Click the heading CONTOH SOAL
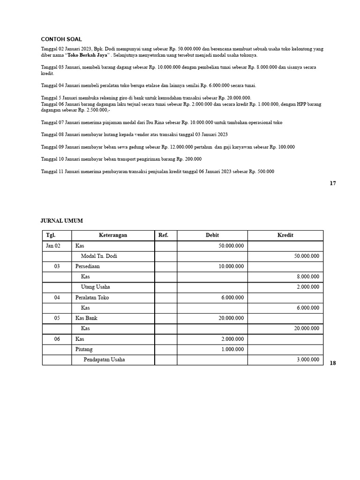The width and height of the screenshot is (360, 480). pos(61,39)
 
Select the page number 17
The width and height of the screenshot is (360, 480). pos(332,183)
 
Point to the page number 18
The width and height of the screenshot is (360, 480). pos(332,363)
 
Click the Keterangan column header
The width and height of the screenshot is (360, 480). pos(112,235)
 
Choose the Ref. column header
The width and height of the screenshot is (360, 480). pos(163,235)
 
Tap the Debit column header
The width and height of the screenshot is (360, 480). pos(212,235)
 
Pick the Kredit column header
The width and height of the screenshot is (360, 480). pos(285,235)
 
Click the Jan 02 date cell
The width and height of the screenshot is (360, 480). pos(53,246)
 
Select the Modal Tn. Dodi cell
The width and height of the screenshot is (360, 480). pos(99,256)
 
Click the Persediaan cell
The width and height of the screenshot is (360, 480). pos(88,266)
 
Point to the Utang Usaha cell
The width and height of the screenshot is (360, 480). pos(95,287)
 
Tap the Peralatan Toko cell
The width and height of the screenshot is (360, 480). pos(92,297)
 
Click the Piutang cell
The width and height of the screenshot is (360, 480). pos(84,349)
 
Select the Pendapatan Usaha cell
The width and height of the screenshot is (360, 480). pos(104,360)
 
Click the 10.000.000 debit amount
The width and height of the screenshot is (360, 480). pos(231,266)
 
